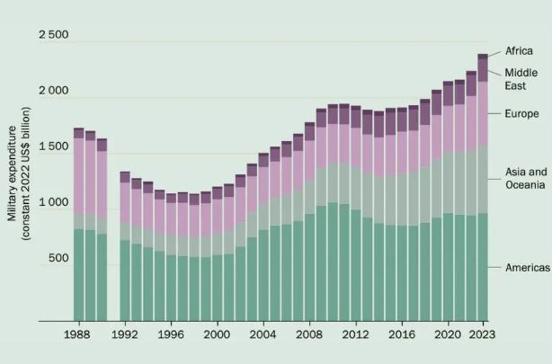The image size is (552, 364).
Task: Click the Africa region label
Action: [520, 51]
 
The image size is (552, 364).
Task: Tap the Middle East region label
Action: [521, 79]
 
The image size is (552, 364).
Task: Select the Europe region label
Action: [521, 113]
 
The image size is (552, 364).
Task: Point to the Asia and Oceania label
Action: [524, 178]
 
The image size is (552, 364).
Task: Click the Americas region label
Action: [527, 268]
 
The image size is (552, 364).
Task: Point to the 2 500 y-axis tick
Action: [52, 35]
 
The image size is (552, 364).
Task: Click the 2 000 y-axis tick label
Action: [52, 92]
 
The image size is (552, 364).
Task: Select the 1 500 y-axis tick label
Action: [52, 146]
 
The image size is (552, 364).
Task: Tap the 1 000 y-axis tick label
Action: [52, 202]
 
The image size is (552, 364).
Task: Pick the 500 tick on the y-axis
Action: [58, 259]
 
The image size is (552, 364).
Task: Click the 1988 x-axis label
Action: [78, 334]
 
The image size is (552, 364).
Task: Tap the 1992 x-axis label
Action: [125, 334]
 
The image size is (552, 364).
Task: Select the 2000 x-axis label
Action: [217, 334]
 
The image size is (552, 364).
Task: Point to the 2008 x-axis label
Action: [309, 334]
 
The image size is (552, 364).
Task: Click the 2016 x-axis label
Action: [401, 334]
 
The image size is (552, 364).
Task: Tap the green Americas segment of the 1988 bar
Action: [78, 275]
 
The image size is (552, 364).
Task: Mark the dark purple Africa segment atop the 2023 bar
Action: [483, 57]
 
